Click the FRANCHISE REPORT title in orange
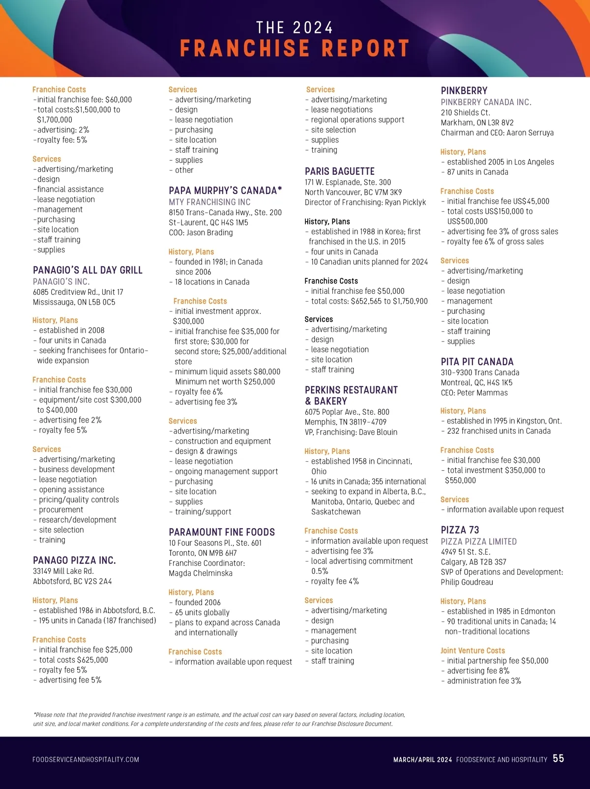coord(295,48)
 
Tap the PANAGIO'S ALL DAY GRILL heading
coord(88,270)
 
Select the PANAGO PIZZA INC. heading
coord(74,560)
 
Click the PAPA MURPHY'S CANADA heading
coord(225,191)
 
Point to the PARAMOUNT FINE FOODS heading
coord(222,532)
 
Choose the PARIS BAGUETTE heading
coord(340,171)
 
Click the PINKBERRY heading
coord(464,91)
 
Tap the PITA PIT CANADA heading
coord(477,362)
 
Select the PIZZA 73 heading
coord(460,530)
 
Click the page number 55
coord(558,759)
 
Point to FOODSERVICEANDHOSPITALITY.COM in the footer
coord(86,760)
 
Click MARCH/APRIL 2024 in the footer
coord(422,760)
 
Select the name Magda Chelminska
coord(201,573)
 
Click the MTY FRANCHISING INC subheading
coord(209,202)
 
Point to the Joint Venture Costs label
coord(472,650)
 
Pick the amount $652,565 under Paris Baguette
coord(369,301)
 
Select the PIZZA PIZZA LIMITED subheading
coord(478,541)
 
